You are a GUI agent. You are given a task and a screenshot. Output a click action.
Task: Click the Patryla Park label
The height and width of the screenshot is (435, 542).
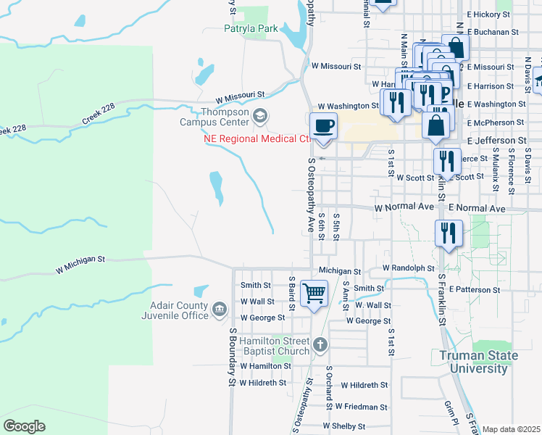[x=251, y=28]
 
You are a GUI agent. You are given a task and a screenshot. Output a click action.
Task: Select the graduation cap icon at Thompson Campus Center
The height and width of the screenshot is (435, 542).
[x=260, y=115]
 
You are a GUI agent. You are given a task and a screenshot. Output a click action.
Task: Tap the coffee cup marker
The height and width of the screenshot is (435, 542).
[x=323, y=125]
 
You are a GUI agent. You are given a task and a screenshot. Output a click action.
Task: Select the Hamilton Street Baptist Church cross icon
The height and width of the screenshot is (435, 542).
[x=320, y=346]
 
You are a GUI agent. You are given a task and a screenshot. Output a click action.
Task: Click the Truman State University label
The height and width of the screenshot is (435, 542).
[x=478, y=362]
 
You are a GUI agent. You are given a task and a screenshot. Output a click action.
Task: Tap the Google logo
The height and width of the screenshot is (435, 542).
[x=24, y=426]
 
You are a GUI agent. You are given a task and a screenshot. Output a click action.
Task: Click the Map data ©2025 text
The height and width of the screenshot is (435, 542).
[x=512, y=429]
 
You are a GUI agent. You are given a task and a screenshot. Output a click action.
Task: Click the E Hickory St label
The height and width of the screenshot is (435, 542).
[x=493, y=14]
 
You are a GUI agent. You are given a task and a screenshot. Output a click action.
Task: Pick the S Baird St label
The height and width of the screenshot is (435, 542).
[x=292, y=293]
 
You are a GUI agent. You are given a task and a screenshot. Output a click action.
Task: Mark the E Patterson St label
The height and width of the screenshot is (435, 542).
[x=474, y=289]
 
